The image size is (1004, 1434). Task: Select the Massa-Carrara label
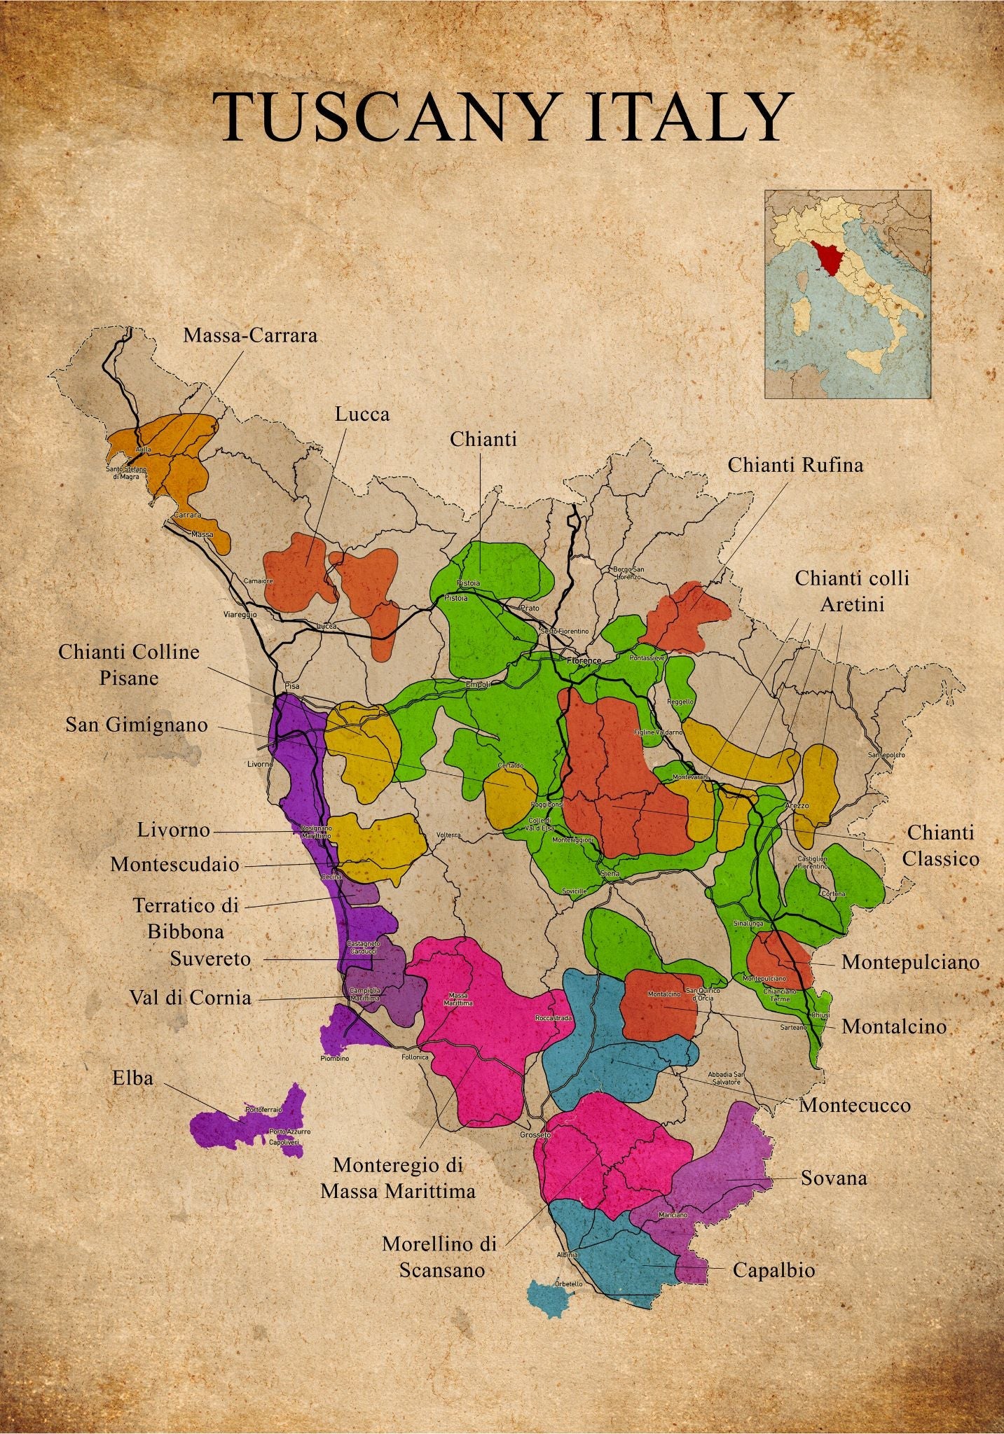click(x=250, y=335)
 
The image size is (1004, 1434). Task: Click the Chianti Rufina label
click(x=795, y=464)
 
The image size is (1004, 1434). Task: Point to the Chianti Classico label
click(x=940, y=845)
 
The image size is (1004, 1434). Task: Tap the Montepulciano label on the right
click(x=910, y=961)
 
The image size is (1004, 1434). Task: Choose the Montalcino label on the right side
click(x=893, y=1026)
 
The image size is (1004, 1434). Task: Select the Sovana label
click(x=834, y=1178)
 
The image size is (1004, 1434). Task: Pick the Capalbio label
click(x=773, y=1269)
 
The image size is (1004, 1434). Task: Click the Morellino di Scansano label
click(x=440, y=1256)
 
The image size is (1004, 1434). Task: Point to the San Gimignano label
click(x=137, y=724)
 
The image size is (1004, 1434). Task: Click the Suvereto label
click(x=210, y=959)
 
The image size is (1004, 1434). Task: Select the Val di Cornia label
click(x=190, y=997)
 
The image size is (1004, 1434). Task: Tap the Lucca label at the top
click(x=362, y=414)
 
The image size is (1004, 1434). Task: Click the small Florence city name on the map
click(x=584, y=660)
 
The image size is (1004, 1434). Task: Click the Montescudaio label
click(x=174, y=865)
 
